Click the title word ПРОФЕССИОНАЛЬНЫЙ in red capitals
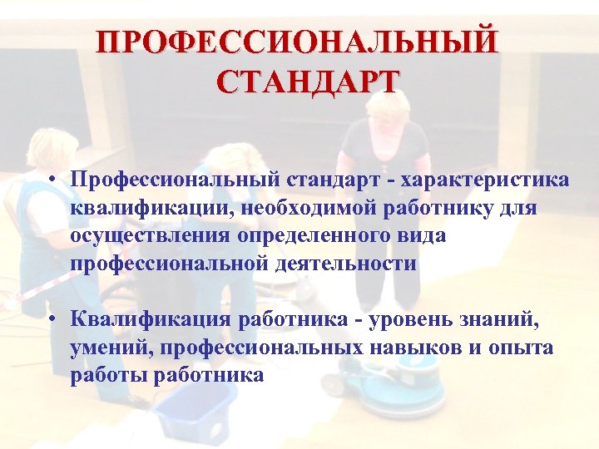click(298, 42)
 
